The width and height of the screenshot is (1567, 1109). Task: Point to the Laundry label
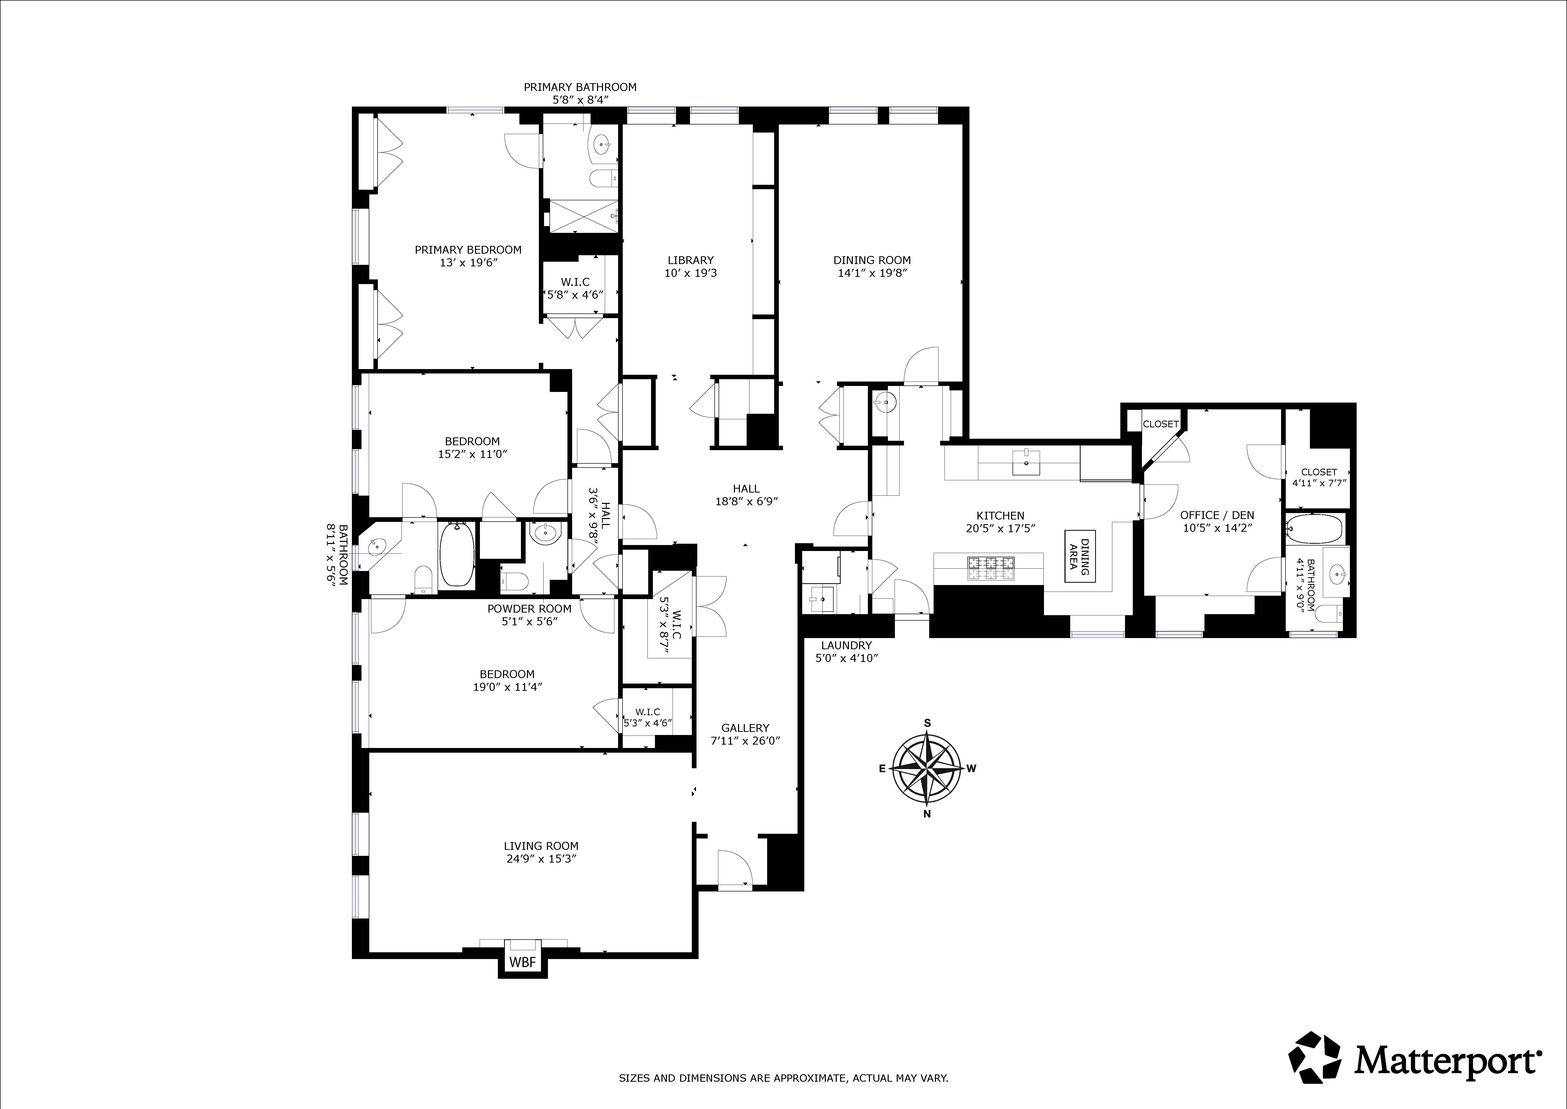point(846,645)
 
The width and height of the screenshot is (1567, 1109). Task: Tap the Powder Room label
point(529,608)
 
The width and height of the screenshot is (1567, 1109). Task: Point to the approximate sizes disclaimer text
point(783,1078)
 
